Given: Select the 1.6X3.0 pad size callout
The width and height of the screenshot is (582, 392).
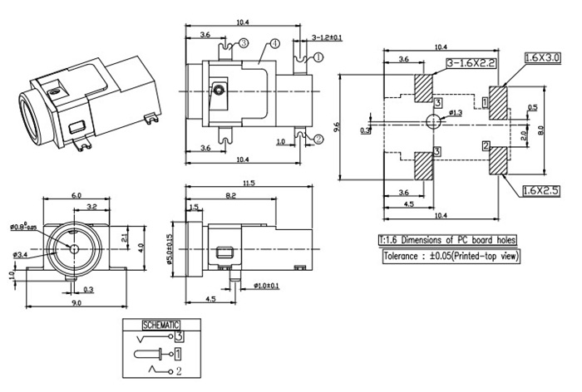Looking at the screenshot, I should pyautogui.click(x=543, y=57).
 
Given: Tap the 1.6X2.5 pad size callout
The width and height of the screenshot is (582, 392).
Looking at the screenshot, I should pyautogui.click(x=543, y=191).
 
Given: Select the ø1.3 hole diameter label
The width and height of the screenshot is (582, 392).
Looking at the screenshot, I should pyautogui.click(x=456, y=112).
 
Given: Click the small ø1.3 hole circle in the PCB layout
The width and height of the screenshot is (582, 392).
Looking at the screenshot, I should pyautogui.click(x=432, y=121).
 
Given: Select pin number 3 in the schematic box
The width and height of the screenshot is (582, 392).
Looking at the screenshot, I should pyautogui.click(x=178, y=337).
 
